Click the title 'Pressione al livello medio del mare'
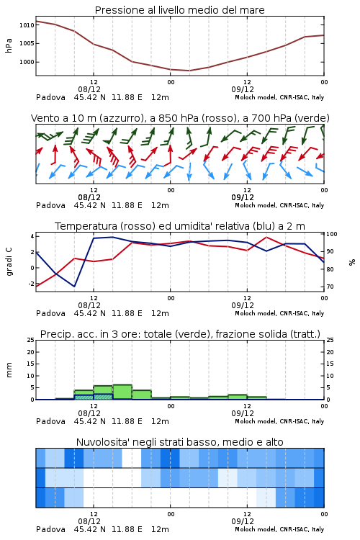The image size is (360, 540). pos(179,10)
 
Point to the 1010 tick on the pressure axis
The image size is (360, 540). pos(27,25)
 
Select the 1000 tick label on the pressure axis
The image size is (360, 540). pos(27,62)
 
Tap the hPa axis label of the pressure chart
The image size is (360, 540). pos(9,45)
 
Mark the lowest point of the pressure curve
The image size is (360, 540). pos(189,71)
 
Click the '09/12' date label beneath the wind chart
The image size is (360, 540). pos(243,197)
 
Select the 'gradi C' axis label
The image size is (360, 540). pos(9,261)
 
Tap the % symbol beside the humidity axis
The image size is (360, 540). pos(352,262)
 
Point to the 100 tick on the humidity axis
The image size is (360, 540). pos(332,234)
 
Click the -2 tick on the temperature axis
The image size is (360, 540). pos(31,284)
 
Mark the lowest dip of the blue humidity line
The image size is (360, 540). pos(74,286)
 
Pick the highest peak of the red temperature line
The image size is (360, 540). pos(266,238)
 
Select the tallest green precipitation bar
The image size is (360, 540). pos(122,392)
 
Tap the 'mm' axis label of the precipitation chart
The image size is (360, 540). pos(9,370)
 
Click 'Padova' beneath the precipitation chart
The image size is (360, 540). pos(50,421)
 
